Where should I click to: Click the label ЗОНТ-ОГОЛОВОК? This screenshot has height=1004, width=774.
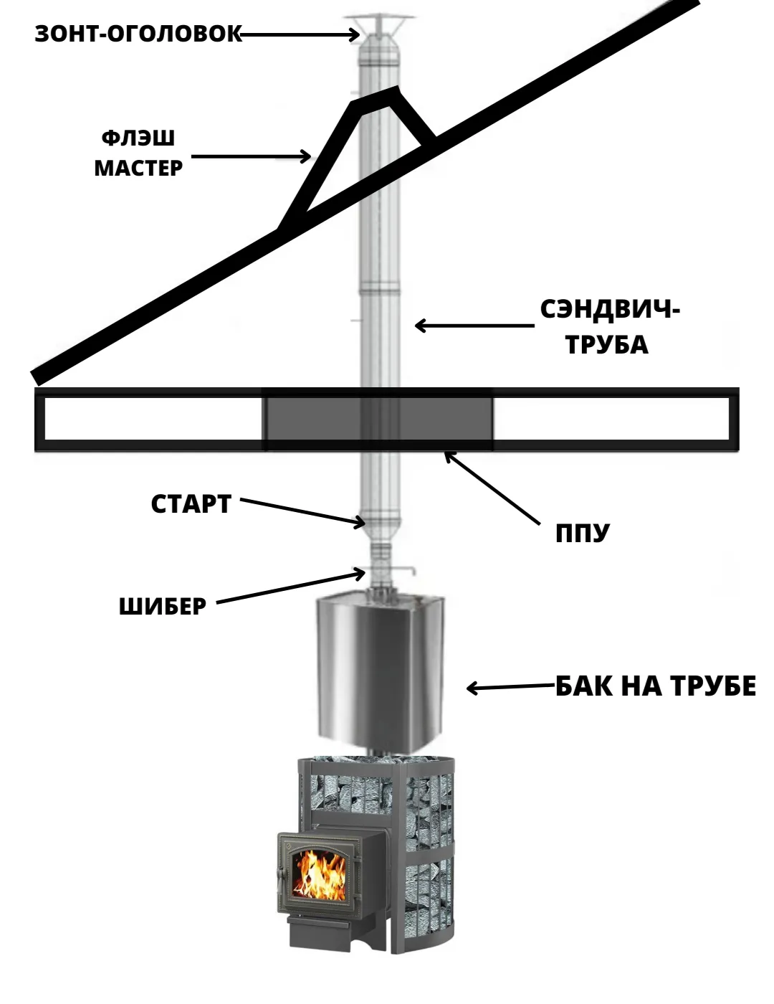pyautogui.click(x=138, y=34)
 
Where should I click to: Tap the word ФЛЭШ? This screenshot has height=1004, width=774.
pyautogui.click(x=138, y=138)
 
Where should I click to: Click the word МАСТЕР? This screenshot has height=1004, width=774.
pyautogui.click(x=138, y=168)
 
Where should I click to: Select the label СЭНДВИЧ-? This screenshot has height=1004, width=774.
pyautogui.click(x=610, y=310)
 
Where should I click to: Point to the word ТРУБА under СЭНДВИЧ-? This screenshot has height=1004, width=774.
pyautogui.click(x=606, y=344)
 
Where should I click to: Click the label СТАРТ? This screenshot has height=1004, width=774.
pyautogui.click(x=191, y=503)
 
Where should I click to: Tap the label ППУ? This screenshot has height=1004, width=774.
pyautogui.click(x=582, y=534)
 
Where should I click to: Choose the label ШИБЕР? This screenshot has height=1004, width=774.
pyautogui.click(x=163, y=607)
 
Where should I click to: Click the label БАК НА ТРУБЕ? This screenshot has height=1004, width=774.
pyautogui.click(x=656, y=686)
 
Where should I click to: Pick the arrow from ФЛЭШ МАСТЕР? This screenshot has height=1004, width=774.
pyautogui.click(x=251, y=156)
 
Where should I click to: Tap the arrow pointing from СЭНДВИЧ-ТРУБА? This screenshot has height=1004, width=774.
pyautogui.click(x=474, y=326)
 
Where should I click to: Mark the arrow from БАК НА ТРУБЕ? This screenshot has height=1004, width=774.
pyautogui.click(x=511, y=687)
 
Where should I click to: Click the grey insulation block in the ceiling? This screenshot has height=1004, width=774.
pyautogui.click(x=378, y=419)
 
